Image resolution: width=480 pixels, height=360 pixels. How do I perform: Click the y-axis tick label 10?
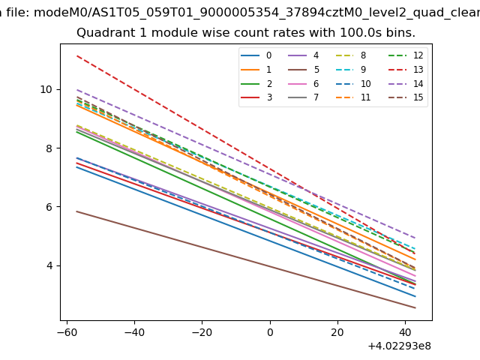coord(46,89)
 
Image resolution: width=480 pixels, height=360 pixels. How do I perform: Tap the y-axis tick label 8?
coord(49,148)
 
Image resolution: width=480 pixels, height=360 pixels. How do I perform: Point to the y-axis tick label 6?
coord(49,207)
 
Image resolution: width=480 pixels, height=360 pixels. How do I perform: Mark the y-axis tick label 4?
coord(49,265)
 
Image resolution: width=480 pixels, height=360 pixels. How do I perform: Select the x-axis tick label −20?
coord(202,332)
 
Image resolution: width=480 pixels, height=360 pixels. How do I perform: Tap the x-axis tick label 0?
coord(270,332)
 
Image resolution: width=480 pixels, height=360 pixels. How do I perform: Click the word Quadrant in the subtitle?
coord(103,33)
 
